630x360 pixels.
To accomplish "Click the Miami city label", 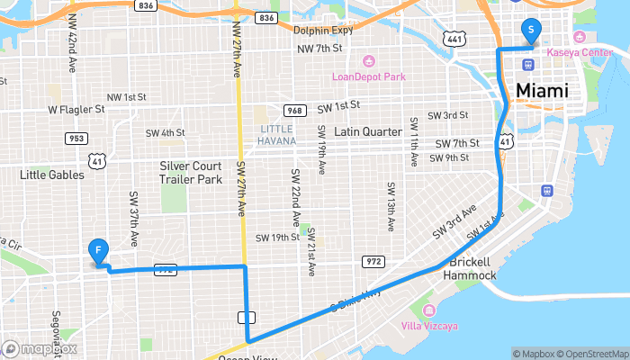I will pos(543,91).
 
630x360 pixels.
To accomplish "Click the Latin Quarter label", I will pos(367,131).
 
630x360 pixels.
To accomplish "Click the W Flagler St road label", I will pos(76,110).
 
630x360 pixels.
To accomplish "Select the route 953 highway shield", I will pos(76,138).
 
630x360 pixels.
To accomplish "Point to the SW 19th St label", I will pos(276,238).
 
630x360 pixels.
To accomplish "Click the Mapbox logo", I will pos(39,348).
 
